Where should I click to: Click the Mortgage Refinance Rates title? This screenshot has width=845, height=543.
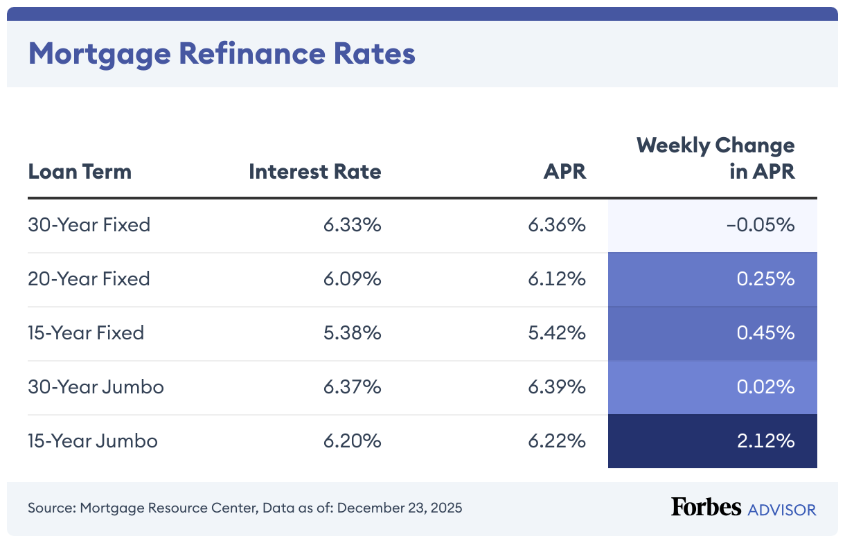[222, 53]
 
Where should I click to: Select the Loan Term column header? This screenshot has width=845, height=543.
[80, 171]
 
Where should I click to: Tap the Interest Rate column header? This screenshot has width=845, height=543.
[314, 171]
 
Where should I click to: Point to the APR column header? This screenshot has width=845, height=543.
[564, 171]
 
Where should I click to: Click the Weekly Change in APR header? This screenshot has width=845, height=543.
[715, 158]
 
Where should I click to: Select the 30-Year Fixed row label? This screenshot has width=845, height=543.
[89, 225]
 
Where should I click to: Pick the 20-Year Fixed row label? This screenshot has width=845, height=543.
[89, 279]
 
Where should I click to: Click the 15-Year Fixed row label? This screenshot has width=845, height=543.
[86, 333]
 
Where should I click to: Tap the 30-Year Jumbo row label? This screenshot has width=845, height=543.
[96, 387]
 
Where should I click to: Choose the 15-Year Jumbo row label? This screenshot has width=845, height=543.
[93, 441]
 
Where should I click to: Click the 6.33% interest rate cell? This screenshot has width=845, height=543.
[352, 225]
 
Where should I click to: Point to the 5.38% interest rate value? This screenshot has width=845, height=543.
[352, 333]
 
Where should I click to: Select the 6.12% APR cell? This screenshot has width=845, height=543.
[557, 279]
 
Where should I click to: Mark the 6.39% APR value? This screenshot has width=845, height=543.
[557, 387]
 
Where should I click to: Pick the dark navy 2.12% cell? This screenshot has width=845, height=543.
[712, 441]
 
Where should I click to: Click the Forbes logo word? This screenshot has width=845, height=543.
[706, 508]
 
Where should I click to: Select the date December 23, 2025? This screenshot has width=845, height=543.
[400, 508]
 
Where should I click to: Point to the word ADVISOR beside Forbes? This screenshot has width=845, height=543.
[782, 510]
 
